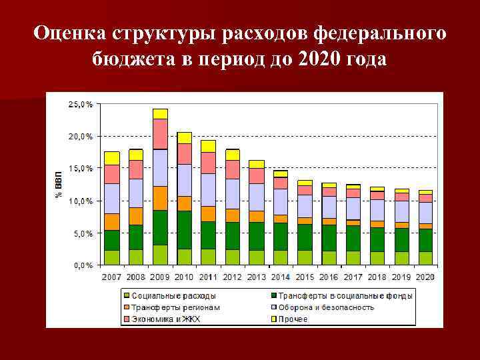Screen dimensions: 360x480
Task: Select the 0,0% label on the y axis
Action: tap(83, 265)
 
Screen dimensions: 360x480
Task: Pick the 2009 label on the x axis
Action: tap(160, 277)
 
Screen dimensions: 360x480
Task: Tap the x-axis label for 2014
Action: tap(280, 277)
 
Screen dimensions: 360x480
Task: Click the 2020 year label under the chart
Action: tap(424, 277)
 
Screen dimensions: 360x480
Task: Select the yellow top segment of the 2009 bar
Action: tap(160, 113)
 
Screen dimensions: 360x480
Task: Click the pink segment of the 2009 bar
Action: tap(160, 133)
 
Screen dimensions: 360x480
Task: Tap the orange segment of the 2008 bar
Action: tap(136, 216)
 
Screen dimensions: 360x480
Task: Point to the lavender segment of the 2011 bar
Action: tap(208, 189)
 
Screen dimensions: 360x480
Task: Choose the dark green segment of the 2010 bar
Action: tap(184, 230)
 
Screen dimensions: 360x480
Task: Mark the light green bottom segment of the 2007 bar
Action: tap(112, 257)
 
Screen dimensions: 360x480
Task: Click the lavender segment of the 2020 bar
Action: tap(424, 213)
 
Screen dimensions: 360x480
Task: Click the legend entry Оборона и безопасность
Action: tap(326, 307)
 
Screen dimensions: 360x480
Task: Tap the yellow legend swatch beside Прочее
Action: tap(273, 319)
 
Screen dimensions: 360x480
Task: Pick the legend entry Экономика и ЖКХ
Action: tap(165, 319)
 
